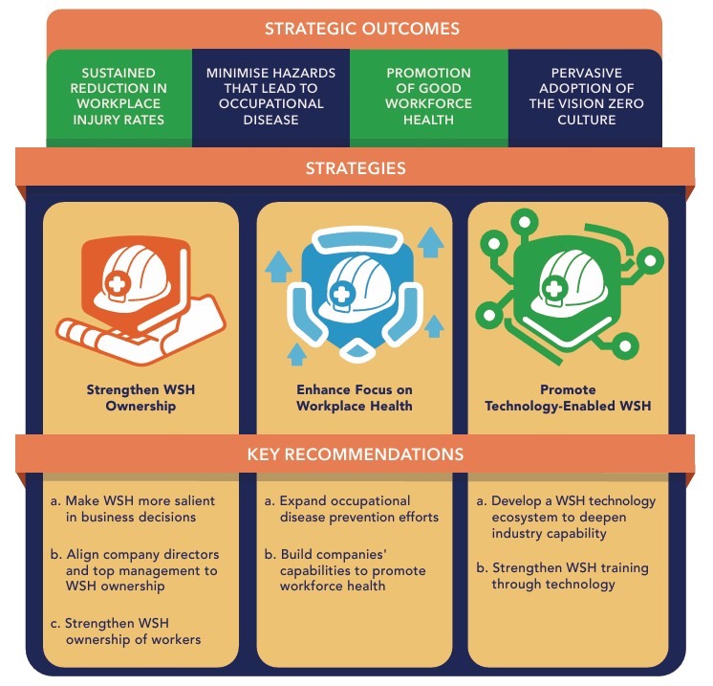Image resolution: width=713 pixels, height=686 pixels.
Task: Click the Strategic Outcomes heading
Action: point(355,29)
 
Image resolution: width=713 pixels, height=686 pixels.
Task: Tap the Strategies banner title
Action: point(355,169)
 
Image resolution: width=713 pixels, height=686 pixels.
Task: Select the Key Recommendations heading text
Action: point(355,454)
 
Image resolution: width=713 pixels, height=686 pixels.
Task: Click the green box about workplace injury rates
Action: point(119,97)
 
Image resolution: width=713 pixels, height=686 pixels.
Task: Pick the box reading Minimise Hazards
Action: point(271,97)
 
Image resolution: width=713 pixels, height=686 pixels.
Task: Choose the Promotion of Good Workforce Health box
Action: point(428,97)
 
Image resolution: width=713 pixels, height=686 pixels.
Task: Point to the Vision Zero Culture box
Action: point(586,97)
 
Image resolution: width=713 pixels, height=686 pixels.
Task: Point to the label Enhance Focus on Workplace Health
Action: point(354,398)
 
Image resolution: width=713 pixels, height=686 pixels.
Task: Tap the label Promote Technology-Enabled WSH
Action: point(568,398)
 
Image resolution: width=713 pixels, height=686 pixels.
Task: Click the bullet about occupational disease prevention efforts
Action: point(351,509)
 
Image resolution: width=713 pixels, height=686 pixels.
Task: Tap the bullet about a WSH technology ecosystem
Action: point(567,517)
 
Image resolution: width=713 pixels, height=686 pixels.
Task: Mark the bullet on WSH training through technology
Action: point(567,576)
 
